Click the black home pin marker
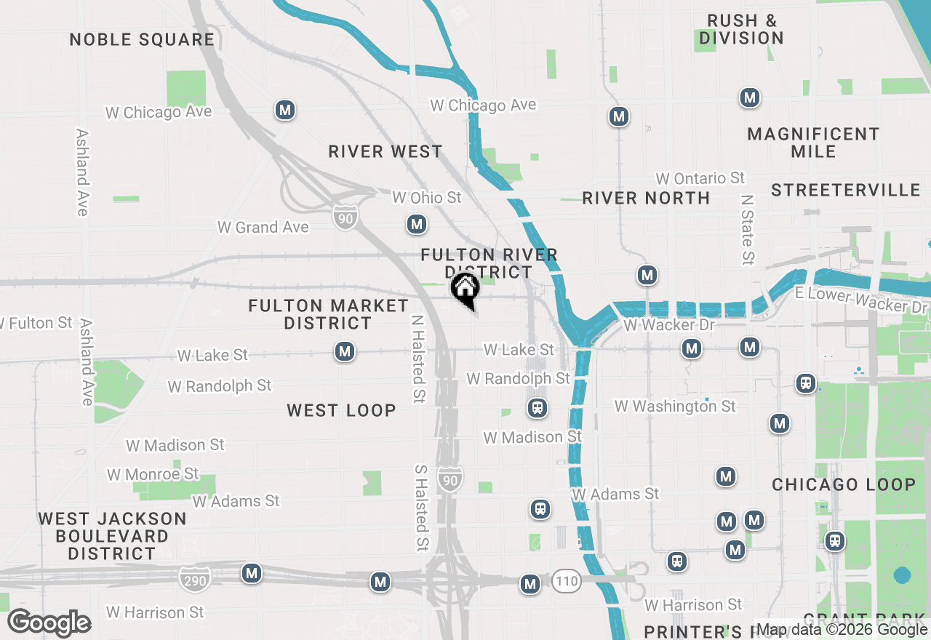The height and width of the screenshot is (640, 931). tap(465, 289)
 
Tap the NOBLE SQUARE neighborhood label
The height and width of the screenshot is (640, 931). tap(142, 39)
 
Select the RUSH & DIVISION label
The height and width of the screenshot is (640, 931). tap(742, 29)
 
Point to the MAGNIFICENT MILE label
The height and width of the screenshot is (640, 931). tap(813, 143)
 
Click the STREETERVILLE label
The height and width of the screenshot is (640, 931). tap(846, 190)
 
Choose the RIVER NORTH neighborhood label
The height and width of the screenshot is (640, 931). tap(646, 198)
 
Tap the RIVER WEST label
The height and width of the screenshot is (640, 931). tap(385, 151)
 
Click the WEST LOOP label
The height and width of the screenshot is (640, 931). tap(342, 410)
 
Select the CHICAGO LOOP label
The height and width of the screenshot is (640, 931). tap(844, 484)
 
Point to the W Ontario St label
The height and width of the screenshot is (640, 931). tap(700, 178)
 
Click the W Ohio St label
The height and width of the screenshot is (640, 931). tap(427, 197)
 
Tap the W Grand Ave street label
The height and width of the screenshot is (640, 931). tap(263, 227)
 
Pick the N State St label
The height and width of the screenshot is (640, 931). tap(747, 228)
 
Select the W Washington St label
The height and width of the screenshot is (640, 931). tap(675, 406)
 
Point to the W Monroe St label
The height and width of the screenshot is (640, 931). tap(153, 474)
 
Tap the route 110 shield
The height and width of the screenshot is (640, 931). tap(566, 581)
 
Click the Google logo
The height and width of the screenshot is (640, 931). tap(49, 623)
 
